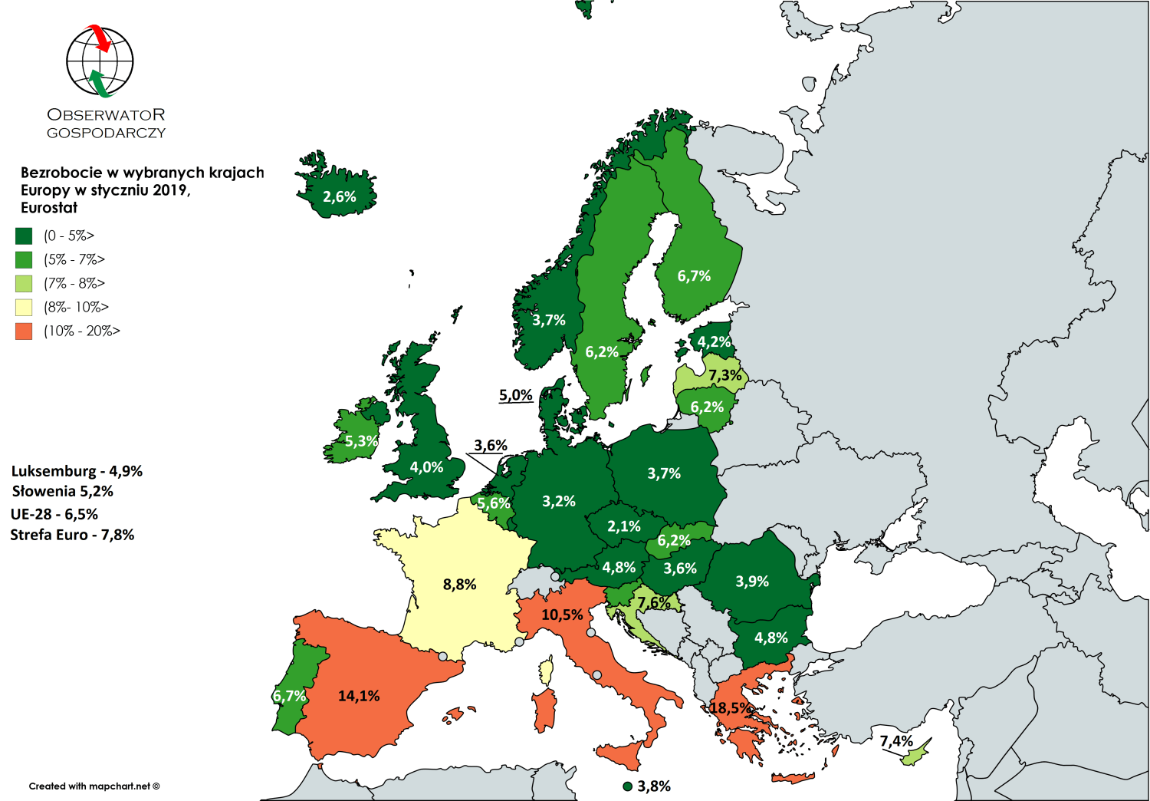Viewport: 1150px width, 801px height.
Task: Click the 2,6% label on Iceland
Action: click(x=339, y=197)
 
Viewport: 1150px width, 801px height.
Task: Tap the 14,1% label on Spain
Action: click(x=359, y=696)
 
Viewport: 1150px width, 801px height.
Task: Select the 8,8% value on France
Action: click(x=459, y=585)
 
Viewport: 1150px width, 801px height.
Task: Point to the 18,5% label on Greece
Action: click(x=730, y=707)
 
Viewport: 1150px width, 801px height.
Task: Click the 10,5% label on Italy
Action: click(x=562, y=615)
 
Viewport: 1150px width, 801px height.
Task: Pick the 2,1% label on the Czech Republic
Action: click(x=623, y=526)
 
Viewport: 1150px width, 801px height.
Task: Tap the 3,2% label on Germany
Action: click(x=558, y=501)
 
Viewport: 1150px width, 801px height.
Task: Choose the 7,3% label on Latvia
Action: click(x=724, y=375)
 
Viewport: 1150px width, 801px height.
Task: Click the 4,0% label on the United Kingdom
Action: click(x=426, y=467)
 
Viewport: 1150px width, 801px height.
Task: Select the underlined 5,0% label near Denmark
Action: click(x=515, y=395)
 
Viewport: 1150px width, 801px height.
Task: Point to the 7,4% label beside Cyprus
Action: click(x=895, y=741)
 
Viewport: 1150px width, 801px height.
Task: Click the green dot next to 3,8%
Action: click(x=628, y=786)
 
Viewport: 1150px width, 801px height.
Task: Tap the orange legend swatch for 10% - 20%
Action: click(x=24, y=331)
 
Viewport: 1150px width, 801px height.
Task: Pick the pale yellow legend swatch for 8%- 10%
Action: click(x=24, y=308)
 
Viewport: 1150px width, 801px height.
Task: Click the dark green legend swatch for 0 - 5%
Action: click(x=24, y=236)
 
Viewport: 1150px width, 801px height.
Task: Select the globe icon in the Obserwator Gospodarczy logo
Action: click(x=100, y=61)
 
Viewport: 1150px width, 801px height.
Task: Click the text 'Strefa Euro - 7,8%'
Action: click(x=72, y=535)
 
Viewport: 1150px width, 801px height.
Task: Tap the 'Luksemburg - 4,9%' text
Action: click(x=77, y=471)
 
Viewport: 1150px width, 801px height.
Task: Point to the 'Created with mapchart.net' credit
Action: click(x=94, y=786)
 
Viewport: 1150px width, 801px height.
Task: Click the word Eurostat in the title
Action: click(x=49, y=208)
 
